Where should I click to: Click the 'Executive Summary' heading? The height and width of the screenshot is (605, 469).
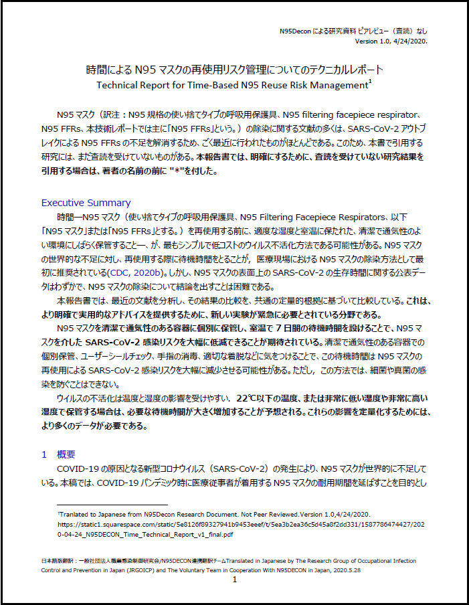click(x=86, y=203)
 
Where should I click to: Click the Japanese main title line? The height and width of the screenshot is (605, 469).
click(x=234, y=69)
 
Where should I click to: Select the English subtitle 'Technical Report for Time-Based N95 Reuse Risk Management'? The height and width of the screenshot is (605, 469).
click(x=231, y=85)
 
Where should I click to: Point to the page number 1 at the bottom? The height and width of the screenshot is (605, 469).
click(x=235, y=580)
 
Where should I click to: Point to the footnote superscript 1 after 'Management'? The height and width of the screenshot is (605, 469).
click(x=370, y=82)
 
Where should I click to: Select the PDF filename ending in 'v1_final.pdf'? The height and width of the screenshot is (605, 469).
click(x=145, y=535)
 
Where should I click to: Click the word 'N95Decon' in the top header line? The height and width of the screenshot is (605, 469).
click(x=295, y=31)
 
